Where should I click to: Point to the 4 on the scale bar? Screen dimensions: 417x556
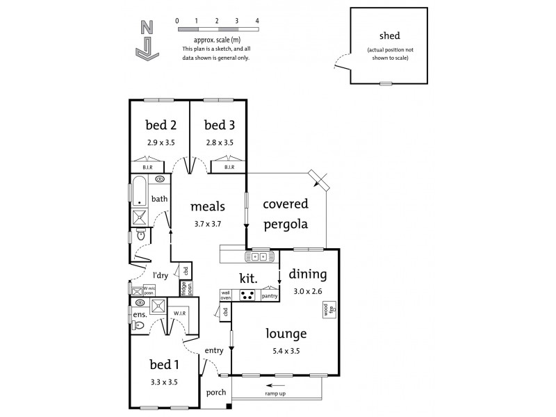pos(257,22)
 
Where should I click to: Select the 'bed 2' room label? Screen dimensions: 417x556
pos(160,125)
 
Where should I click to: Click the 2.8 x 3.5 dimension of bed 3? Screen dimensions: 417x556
pos(219,142)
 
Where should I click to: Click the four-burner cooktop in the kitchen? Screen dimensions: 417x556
pos(247,295)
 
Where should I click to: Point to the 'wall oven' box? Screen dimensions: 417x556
pos(226,295)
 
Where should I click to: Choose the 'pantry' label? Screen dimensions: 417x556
pos(270,296)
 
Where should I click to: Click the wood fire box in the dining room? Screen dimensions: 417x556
pos(325,310)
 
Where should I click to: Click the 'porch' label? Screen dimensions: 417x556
pos(216,392)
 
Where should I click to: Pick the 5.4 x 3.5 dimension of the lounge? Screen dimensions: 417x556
pos(286,351)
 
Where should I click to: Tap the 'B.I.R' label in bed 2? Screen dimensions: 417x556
pos(147,167)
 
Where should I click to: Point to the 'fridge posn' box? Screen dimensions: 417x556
pos(184,288)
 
